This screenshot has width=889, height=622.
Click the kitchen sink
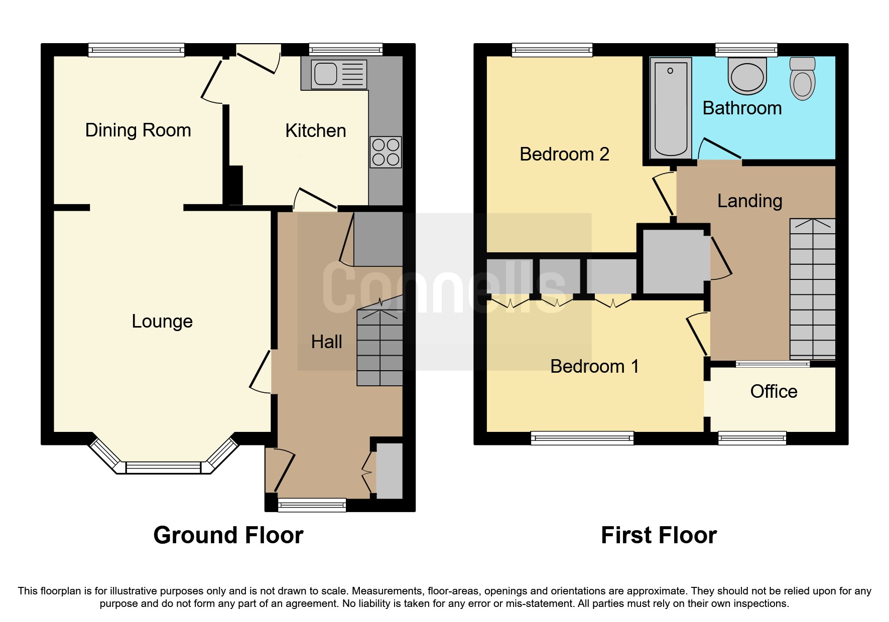339,74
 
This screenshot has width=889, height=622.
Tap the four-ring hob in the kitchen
386,152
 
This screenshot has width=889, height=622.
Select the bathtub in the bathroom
671,107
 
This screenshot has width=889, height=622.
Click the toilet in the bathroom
802,79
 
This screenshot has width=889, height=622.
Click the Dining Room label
138,130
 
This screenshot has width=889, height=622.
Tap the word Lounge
162,322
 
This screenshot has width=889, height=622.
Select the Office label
773,392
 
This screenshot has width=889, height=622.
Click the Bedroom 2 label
564,154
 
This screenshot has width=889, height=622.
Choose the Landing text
749,201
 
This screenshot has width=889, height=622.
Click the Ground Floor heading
228,535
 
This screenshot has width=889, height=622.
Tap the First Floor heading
658,535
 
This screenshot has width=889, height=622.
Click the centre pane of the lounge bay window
163,468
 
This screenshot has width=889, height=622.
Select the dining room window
137,50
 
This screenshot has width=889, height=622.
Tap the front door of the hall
281,472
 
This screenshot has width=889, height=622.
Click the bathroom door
719,149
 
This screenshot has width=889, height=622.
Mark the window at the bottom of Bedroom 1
582,438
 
